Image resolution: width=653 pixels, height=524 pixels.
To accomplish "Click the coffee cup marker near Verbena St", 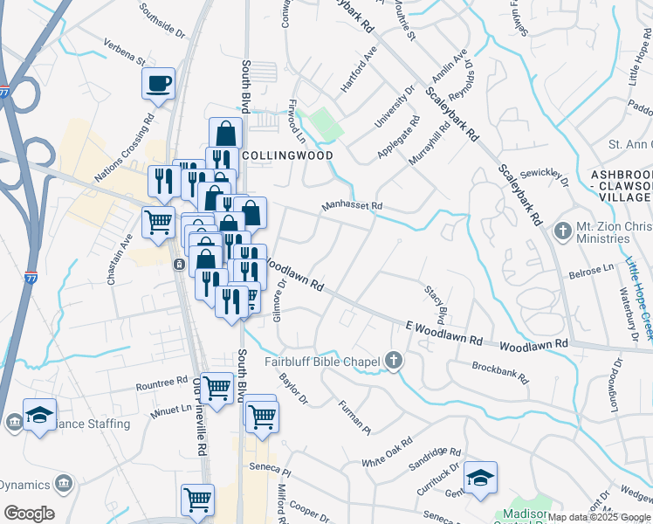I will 158,84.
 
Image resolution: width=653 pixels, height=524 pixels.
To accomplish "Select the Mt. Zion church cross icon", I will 562,231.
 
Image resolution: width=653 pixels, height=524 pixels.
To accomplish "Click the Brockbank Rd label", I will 499,374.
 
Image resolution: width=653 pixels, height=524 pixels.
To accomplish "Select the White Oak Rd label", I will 386,452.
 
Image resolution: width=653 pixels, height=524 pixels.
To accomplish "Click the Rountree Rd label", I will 162,385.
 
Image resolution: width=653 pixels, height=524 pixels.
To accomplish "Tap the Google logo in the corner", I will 29,514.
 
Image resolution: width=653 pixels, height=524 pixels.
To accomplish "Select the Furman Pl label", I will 354,416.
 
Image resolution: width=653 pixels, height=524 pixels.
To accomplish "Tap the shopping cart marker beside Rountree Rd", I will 217,387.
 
